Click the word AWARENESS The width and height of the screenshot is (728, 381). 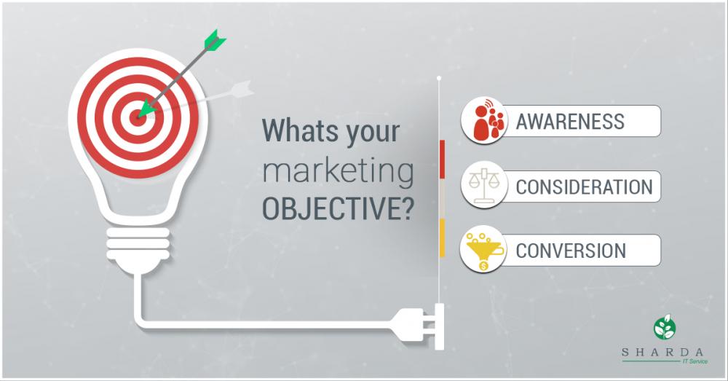click(570, 121)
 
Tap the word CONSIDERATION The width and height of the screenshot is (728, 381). click(584, 186)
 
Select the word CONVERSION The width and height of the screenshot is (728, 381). click(571, 251)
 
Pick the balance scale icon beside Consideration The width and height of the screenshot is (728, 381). click(484, 185)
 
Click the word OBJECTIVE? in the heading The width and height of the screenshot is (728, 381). click(338, 209)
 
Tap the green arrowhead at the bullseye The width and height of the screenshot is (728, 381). click(146, 109)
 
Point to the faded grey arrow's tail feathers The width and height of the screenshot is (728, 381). click(242, 89)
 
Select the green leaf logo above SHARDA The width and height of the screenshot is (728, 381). click(665, 327)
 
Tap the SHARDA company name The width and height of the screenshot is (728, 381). click(662, 353)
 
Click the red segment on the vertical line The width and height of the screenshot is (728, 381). click(442, 159)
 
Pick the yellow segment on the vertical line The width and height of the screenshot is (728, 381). click(442, 237)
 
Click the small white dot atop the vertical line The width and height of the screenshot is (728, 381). click(439, 78)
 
